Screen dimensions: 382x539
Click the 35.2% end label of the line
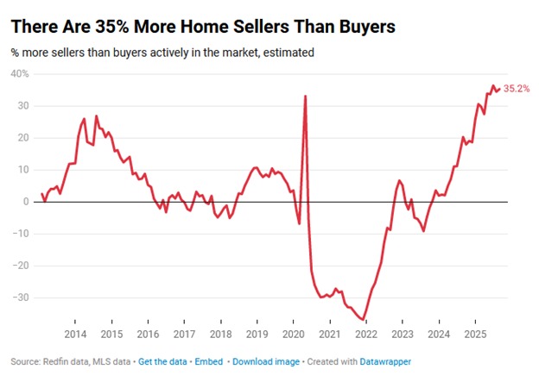pos(517,88)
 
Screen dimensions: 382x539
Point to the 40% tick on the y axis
pos(19,74)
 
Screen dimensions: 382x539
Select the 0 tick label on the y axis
pos(24,202)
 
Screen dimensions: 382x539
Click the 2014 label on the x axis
pos(74,333)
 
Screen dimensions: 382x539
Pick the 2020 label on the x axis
pos(293,333)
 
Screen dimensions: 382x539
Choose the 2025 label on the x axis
pos(474,333)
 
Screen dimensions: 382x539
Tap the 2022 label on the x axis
pos(365,333)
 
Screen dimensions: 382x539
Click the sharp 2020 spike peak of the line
pos(306,96)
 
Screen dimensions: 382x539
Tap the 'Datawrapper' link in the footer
pos(386,360)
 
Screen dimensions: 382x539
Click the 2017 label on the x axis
pos(184,333)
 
